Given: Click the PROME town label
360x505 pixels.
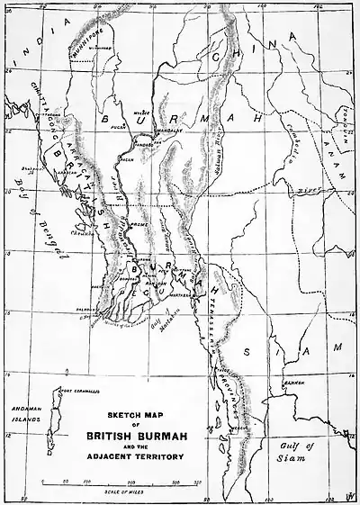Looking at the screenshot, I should pos(139,228).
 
